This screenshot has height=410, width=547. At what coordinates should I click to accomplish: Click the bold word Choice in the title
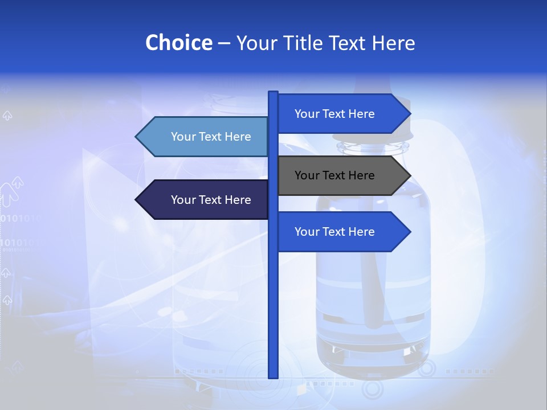point(178,43)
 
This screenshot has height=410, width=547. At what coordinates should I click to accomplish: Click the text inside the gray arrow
point(334,175)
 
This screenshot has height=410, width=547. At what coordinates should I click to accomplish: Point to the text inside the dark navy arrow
point(211,200)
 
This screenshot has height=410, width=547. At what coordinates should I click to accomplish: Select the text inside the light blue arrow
point(211,137)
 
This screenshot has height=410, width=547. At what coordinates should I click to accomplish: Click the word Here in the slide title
point(394,43)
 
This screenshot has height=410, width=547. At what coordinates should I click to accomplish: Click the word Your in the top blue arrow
point(307,114)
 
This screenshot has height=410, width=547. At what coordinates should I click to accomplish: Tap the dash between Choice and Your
point(224,43)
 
